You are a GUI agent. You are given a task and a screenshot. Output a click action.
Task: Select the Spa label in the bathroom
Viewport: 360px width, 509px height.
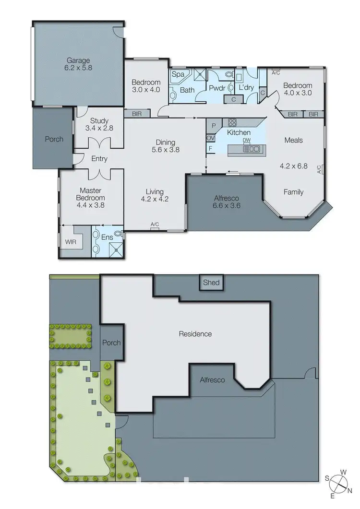pos(178,74)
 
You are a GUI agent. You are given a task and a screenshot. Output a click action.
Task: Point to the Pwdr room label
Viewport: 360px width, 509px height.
pos(214,88)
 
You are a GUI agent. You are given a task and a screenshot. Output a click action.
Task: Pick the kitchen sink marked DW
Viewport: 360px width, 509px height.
pos(251,148)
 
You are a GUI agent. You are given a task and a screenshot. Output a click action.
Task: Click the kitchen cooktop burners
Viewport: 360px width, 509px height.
pos(232,122)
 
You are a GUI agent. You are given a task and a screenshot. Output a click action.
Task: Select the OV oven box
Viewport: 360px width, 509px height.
pos(210,138)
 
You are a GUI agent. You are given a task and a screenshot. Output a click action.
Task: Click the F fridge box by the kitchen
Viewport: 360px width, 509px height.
pos(210,149)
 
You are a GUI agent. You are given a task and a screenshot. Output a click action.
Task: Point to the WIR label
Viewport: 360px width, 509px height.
pos(70,242)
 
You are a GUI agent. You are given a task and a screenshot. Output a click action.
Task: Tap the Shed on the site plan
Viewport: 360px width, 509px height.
pos(211,283)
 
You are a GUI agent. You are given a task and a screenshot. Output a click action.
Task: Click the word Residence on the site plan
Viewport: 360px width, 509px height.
pos(195,334)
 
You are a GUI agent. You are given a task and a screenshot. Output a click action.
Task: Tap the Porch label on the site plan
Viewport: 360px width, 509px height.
pos(111,343)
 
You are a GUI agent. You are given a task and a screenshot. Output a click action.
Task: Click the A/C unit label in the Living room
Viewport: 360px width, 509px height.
pos(155,225)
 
